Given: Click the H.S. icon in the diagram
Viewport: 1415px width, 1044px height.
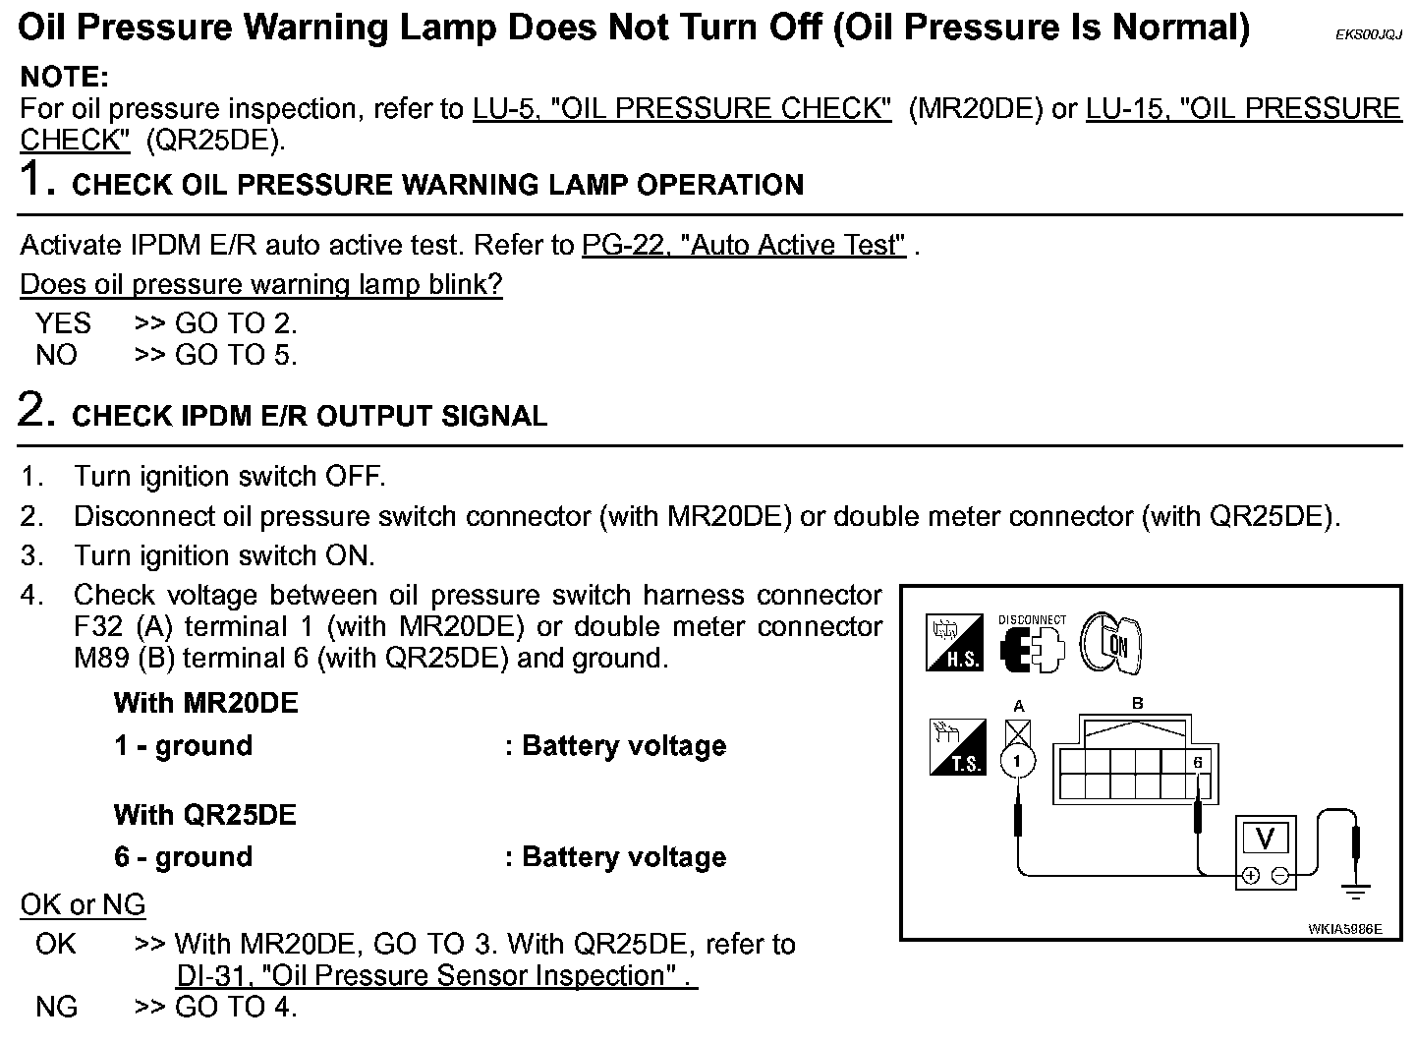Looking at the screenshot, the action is point(954,643).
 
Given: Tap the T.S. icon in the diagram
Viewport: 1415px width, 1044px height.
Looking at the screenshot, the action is point(956,747).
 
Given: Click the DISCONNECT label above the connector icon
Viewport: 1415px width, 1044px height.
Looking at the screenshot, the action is point(1032,619).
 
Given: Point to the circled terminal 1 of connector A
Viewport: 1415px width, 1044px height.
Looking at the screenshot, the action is point(1018,761).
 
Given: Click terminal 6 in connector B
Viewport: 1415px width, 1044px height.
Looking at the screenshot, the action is point(1198,762).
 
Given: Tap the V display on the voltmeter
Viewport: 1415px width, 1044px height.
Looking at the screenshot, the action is point(1265,839).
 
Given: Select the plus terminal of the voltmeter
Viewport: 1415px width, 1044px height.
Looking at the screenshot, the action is point(1251,875).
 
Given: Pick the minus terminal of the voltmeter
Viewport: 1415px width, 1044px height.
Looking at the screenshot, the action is point(1279,875).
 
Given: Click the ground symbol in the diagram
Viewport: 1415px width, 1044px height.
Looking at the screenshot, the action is point(1356,893).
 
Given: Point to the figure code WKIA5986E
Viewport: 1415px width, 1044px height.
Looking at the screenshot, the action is point(1344,928).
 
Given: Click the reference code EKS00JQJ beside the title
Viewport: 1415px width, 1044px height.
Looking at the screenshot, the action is point(1368,34).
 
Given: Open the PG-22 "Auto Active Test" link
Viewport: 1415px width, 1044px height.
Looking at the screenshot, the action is point(744,245).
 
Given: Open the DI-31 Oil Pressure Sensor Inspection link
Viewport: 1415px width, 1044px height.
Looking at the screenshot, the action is point(436,976).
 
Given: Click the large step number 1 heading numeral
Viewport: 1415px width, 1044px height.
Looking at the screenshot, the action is point(33,180).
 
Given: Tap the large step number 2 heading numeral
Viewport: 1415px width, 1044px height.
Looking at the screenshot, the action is point(33,410).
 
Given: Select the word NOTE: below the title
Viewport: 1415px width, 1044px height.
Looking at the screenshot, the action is point(65,77).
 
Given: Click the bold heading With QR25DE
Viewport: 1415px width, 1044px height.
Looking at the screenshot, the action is point(204,815).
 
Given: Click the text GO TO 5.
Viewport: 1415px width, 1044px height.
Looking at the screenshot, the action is point(235,355).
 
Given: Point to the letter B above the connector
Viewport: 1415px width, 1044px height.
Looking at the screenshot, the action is point(1138,704).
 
